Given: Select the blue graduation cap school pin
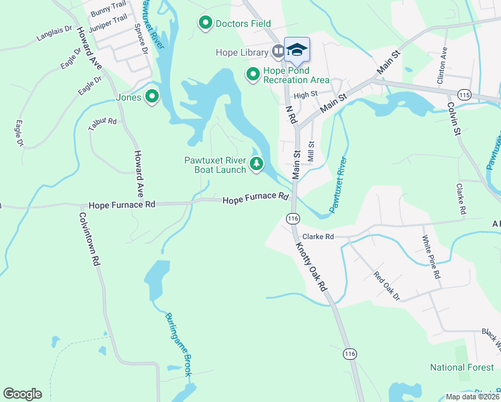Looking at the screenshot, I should [297, 50].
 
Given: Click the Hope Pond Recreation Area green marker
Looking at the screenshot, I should [253, 73].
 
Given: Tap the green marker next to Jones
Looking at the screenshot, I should [152, 97].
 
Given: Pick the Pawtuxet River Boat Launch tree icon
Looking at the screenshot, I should [256, 163].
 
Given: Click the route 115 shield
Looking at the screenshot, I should [466, 96].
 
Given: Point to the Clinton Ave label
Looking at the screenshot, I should [442, 66].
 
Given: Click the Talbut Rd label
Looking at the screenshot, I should [102, 122].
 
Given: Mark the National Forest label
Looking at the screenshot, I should [462, 367].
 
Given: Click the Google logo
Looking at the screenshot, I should [22, 394].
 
